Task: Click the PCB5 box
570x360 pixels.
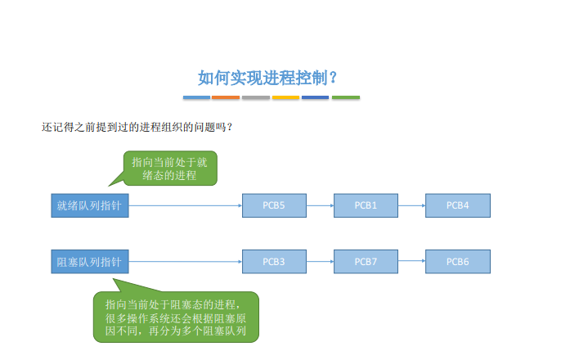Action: coord(274,205)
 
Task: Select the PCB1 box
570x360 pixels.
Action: coord(366,205)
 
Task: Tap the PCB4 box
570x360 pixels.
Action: coord(458,205)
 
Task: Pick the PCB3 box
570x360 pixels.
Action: coord(274,262)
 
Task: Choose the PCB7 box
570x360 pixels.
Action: coord(366,262)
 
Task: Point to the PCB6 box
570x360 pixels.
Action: coord(458,262)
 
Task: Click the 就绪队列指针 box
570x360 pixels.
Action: coord(90,205)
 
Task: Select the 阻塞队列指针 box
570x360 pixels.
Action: coord(90,262)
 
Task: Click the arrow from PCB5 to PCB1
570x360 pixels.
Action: coord(320,205)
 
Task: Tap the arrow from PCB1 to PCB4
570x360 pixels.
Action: coord(411,205)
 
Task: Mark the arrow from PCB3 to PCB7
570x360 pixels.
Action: coord(320,262)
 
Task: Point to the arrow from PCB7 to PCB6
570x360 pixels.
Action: coord(411,261)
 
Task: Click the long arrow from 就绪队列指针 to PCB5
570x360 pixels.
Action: coord(186,205)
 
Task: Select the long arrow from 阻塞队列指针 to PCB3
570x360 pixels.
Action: coord(186,262)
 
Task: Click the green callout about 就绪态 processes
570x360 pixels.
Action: coord(170,169)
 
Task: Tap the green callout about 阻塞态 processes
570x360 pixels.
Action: coord(177,317)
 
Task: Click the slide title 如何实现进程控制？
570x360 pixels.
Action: coord(268,78)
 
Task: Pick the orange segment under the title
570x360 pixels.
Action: coord(226,97)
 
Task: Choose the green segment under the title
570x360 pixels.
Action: coord(346,97)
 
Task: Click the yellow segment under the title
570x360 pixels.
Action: coord(285,97)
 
